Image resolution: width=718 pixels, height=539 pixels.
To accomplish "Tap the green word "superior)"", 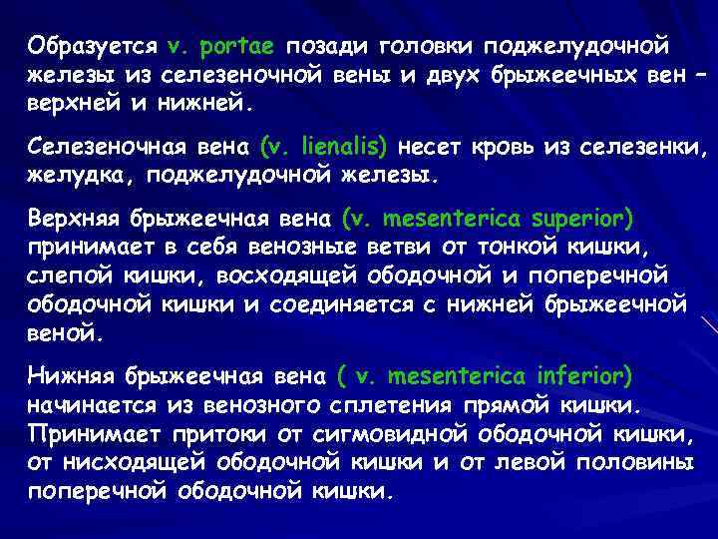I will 570,218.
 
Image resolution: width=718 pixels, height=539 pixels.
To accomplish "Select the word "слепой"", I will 72,274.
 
